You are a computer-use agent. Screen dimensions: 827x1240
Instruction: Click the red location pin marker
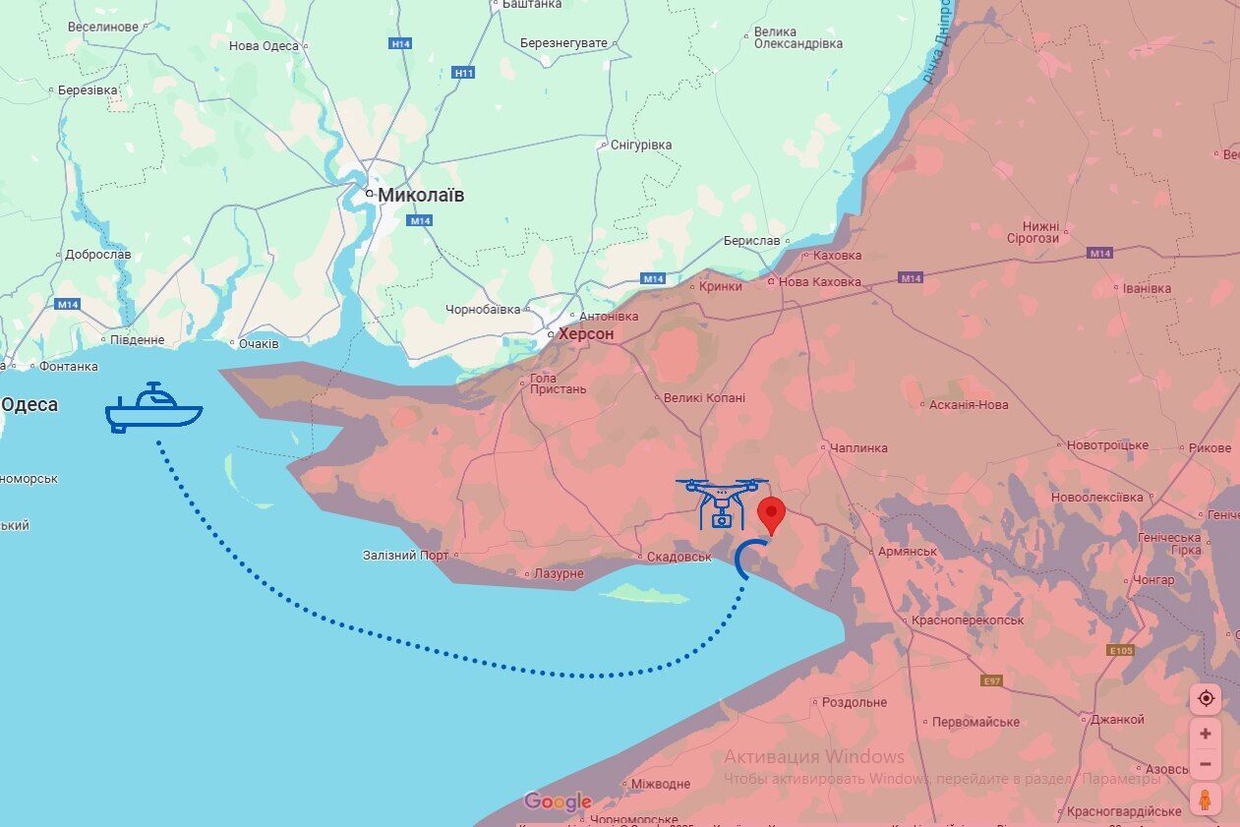772,514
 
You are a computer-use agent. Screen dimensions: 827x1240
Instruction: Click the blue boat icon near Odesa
153,408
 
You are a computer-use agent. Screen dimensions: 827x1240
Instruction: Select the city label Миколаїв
421,195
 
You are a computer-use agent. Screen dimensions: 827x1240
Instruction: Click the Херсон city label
586,334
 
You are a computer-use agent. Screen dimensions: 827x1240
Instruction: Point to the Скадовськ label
679,557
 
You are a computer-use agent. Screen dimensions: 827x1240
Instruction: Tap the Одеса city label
30,404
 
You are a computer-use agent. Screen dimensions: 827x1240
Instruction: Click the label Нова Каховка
819,282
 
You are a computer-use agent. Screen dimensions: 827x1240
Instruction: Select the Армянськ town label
907,552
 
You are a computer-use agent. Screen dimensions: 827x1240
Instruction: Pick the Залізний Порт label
405,556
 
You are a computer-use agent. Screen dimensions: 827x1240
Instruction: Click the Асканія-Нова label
969,404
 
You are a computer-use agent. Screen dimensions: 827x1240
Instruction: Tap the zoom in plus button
1206,734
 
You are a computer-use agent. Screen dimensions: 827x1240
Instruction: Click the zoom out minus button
1206,764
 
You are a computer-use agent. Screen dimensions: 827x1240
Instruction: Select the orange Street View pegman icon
1206,799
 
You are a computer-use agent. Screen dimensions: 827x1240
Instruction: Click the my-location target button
1206,698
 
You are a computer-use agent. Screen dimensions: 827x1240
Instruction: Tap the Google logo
558,801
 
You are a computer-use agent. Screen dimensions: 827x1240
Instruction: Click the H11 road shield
464,73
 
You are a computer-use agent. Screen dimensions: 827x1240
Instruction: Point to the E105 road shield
1120,650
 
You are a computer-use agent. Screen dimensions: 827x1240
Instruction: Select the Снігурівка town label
641,145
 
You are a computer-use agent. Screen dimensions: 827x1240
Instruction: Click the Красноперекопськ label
968,620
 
